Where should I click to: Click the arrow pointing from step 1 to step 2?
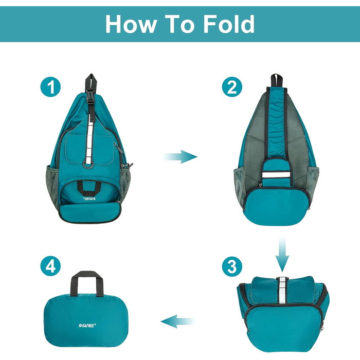pyautogui.click(x=181, y=156)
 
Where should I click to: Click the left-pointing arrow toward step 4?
pyautogui.click(x=178, y=322)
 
